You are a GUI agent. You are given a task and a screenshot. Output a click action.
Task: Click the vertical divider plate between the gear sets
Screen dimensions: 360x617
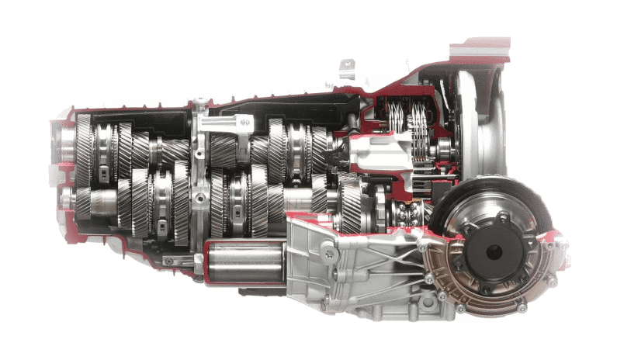(x=200, y=178)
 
